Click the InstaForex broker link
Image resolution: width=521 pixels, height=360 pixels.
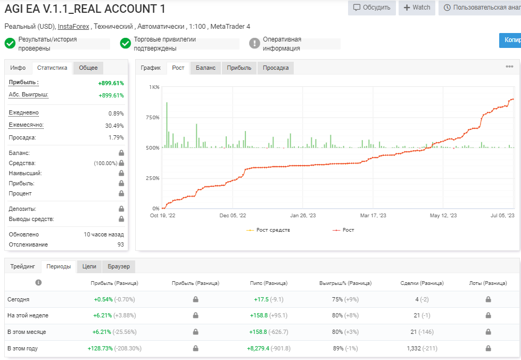[x=73, y=26]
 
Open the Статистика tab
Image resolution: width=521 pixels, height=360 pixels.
[x=52, y=68]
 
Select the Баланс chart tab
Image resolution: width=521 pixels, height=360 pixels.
[x=205, y=68]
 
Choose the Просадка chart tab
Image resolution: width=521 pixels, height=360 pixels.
[x=276, y=68]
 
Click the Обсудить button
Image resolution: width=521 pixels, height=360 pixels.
[x=372, y=7]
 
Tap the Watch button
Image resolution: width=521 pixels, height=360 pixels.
[x=417, y=7]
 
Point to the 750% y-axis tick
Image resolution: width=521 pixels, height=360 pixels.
[x=153, y=117]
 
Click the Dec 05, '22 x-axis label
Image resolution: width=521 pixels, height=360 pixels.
[x=233, y=215]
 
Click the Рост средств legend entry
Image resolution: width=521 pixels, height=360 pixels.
[x=268, y=230]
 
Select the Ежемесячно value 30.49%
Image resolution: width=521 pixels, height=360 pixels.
[x=114, y=126]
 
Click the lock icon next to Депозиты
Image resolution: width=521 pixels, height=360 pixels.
[x=121, y=209]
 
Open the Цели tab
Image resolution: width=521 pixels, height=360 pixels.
[x=89, y=267]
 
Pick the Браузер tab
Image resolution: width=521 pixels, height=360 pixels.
[x=119, y=267]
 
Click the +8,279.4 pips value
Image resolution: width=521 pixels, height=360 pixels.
[x=258, y=348]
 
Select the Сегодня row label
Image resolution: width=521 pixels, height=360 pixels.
[x=18, y=299]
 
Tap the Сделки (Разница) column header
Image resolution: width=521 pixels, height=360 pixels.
[x=422, y=283]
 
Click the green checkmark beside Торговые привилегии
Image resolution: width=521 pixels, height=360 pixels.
[x=125, y=43]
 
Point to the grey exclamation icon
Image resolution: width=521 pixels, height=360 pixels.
[x=254, y=43]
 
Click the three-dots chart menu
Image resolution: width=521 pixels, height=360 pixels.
[x=509, y=67]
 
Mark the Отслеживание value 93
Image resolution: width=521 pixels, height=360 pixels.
[x=121, y=244]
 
